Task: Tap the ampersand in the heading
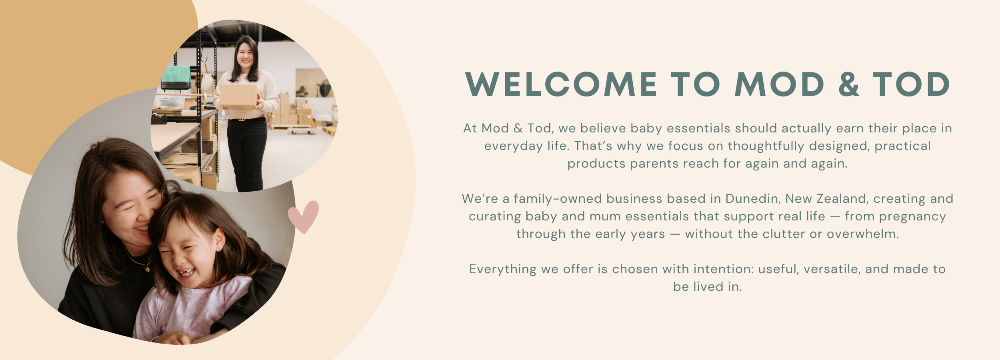coord(848,84)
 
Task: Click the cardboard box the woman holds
coord(239,96)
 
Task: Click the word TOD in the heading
coord(911,84)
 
